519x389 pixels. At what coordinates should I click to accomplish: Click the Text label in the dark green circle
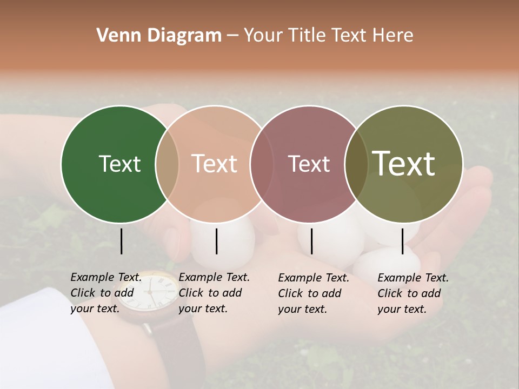coord(119,164)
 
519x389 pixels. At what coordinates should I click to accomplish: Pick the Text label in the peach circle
coord(215,164)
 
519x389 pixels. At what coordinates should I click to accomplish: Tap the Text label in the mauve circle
coord(309,164)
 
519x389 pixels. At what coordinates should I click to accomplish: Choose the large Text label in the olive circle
coord(404,163)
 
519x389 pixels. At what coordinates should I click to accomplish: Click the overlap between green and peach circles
coord(167,164)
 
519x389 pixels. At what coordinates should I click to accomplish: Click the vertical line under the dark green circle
coord(121,241)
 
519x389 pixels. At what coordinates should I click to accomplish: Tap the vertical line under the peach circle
coord(216,241)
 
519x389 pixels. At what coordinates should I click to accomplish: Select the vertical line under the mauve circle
coord(311,241)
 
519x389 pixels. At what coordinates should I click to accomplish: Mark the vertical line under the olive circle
coord(402,241)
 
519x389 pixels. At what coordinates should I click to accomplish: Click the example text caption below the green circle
coord(106,293)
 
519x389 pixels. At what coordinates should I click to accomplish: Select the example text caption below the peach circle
coord(214,293)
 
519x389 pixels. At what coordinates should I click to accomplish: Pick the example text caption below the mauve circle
coord(314,293)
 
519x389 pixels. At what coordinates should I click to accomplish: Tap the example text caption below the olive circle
coord(413,293)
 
